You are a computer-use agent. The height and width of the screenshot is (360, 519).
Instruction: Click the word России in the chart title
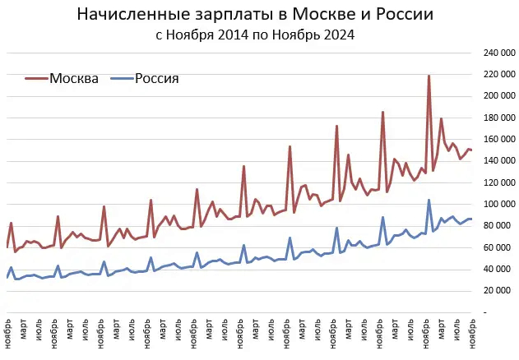click(404, 15)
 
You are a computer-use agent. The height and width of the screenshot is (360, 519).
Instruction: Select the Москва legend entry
click(74, 79)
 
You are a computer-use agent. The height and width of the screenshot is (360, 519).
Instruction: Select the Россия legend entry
click(156, 79)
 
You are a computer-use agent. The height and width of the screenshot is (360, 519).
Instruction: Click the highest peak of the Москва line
click(429, 76)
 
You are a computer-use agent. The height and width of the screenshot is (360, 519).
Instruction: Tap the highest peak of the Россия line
click(429, 200)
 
